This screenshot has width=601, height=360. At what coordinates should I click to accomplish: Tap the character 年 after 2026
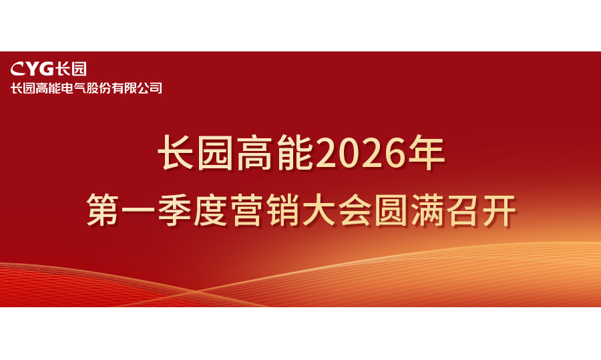(425, 153)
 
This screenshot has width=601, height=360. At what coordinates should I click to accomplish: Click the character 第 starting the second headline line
(102, 210)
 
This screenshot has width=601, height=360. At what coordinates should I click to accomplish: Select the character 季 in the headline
(174, 210)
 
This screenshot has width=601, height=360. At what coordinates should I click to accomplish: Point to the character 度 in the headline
(210, 210)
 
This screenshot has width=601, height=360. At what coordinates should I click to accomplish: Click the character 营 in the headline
(246, 210)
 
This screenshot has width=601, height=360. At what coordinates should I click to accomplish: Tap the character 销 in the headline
(282, 210)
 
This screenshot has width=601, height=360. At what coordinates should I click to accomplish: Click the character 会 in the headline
(355, 210)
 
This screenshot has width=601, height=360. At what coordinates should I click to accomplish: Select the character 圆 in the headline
(391, 210)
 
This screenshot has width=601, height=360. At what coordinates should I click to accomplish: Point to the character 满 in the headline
(427, 210)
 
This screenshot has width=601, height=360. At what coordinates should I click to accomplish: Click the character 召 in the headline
(463, 210)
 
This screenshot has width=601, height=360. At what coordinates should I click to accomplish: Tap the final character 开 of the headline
(499, 210)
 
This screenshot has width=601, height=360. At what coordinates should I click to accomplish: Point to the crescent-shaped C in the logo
(17, 69)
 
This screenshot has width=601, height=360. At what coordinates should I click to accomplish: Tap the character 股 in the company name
(92, 88)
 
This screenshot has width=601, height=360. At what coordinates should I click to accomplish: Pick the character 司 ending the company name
(156, 88)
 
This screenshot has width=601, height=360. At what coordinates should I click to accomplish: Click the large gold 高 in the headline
(256, 153)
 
